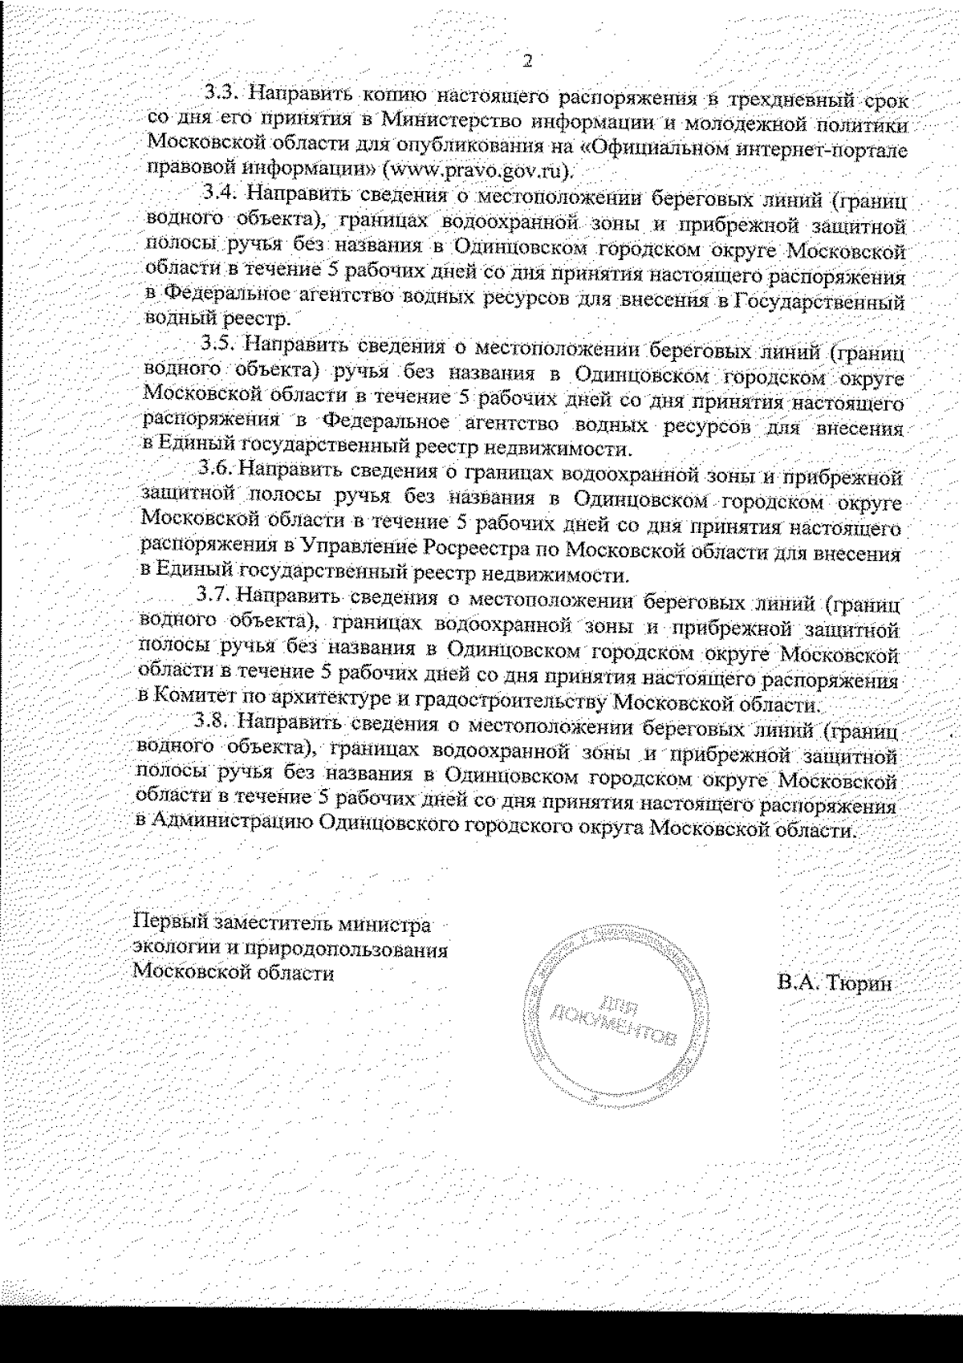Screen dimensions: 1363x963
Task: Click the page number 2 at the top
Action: click(x=527, y=61)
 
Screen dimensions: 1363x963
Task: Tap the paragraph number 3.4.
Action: click(x=217, y=193)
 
